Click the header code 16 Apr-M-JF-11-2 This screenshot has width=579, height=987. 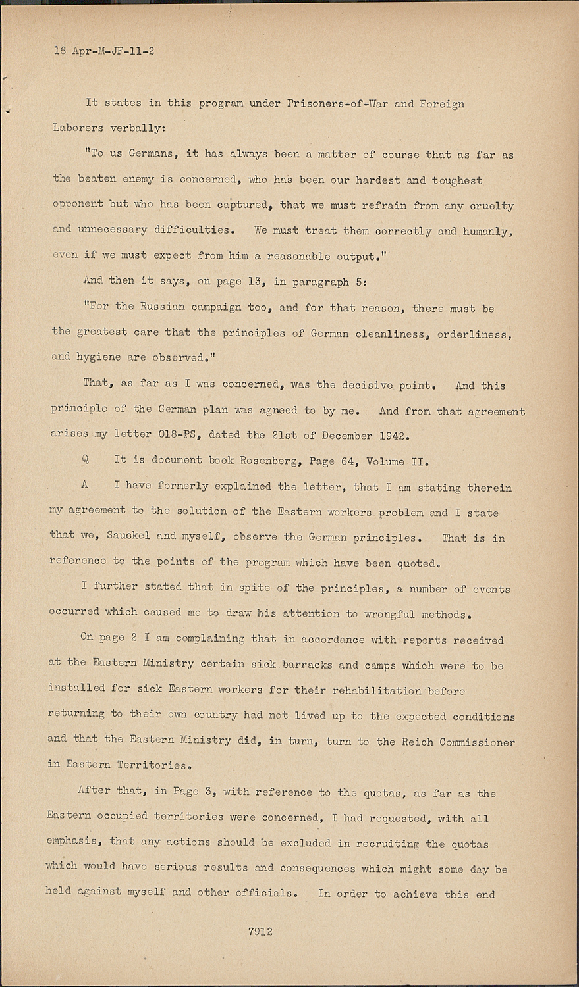(x=104, y=51)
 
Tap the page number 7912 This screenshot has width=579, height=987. (x=261, y=931)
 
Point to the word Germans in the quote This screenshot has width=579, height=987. (x=151, y=155)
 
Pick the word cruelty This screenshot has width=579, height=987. (x=491, y=205)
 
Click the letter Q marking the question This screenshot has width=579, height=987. (x=86, y=460)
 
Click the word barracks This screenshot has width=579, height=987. (x=308, y=665)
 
